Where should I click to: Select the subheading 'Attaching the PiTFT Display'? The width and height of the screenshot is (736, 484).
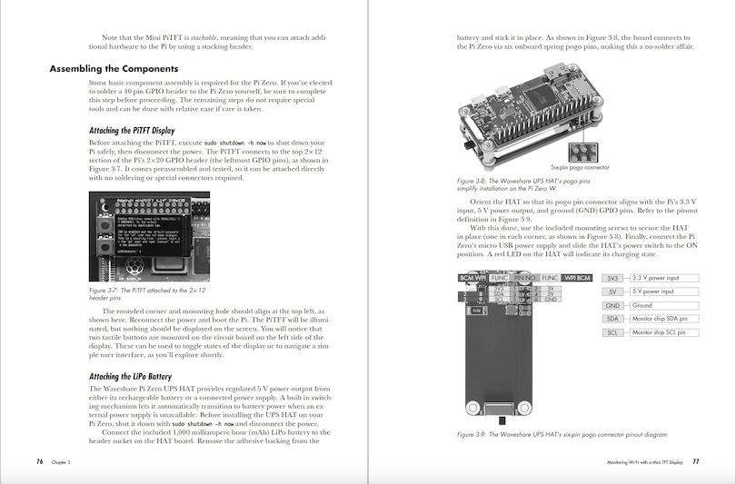(132, 130)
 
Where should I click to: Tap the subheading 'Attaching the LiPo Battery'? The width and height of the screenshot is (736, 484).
(129, 376)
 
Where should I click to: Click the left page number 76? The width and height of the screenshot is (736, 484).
(40, 461)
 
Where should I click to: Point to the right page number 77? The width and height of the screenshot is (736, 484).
(695, 461)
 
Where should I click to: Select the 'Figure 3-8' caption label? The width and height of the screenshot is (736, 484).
(475, 181)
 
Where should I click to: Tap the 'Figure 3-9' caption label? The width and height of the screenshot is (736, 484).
(475, 435)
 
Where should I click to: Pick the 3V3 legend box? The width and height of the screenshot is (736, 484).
(612, 278)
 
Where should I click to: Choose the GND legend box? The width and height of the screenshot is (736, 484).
(612, 305)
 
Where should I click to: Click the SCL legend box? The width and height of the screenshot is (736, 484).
(612, 332)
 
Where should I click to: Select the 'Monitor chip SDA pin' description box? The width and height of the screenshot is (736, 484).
(664, 319)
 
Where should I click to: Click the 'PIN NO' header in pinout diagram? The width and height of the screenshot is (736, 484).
(525, 277)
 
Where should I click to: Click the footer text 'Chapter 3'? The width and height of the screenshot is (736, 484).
(61, 462)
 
